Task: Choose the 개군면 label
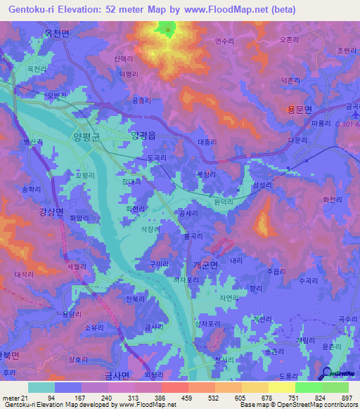205,265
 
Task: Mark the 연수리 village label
224,41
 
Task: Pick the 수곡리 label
309,280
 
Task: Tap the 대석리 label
24,274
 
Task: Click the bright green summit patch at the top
167,29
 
